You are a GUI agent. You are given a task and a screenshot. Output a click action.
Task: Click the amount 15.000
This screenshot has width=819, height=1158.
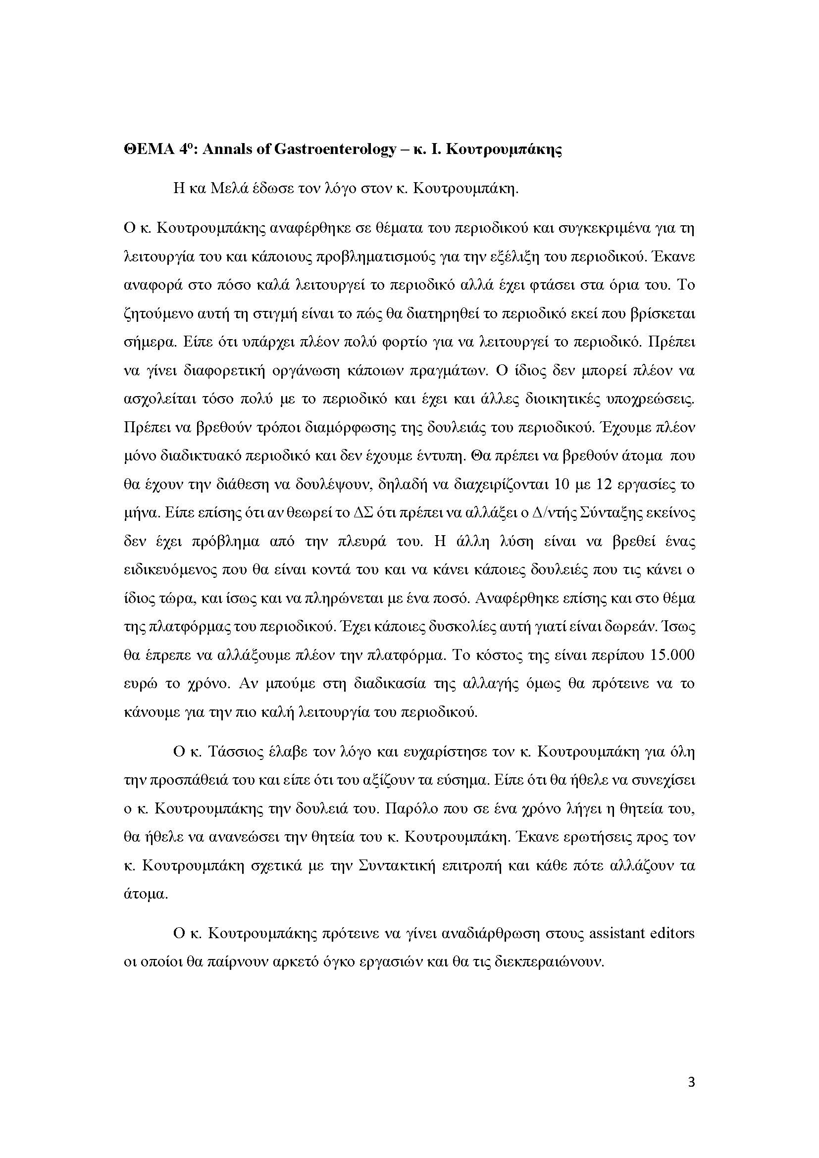coord(673,655)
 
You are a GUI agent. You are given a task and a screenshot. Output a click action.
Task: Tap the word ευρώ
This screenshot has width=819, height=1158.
coord(138,684)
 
